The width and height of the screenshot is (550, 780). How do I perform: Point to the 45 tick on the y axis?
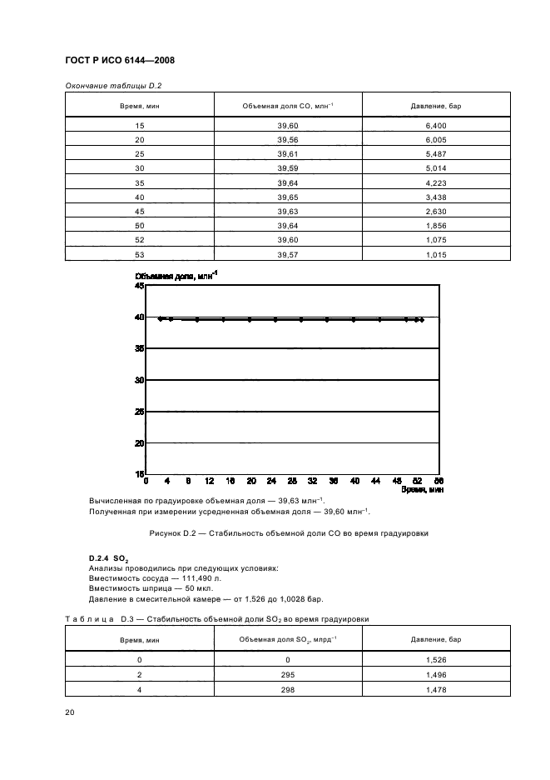pyautogui.click(x=139, y=286)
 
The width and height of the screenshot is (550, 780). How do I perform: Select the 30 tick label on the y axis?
pyautogui.click(x=139, y=380)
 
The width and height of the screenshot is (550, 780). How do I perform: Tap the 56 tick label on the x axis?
pyautogui.click(x=439, y=482)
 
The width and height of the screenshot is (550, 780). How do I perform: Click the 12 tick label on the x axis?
pyautogui.click(x=209, y=482)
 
